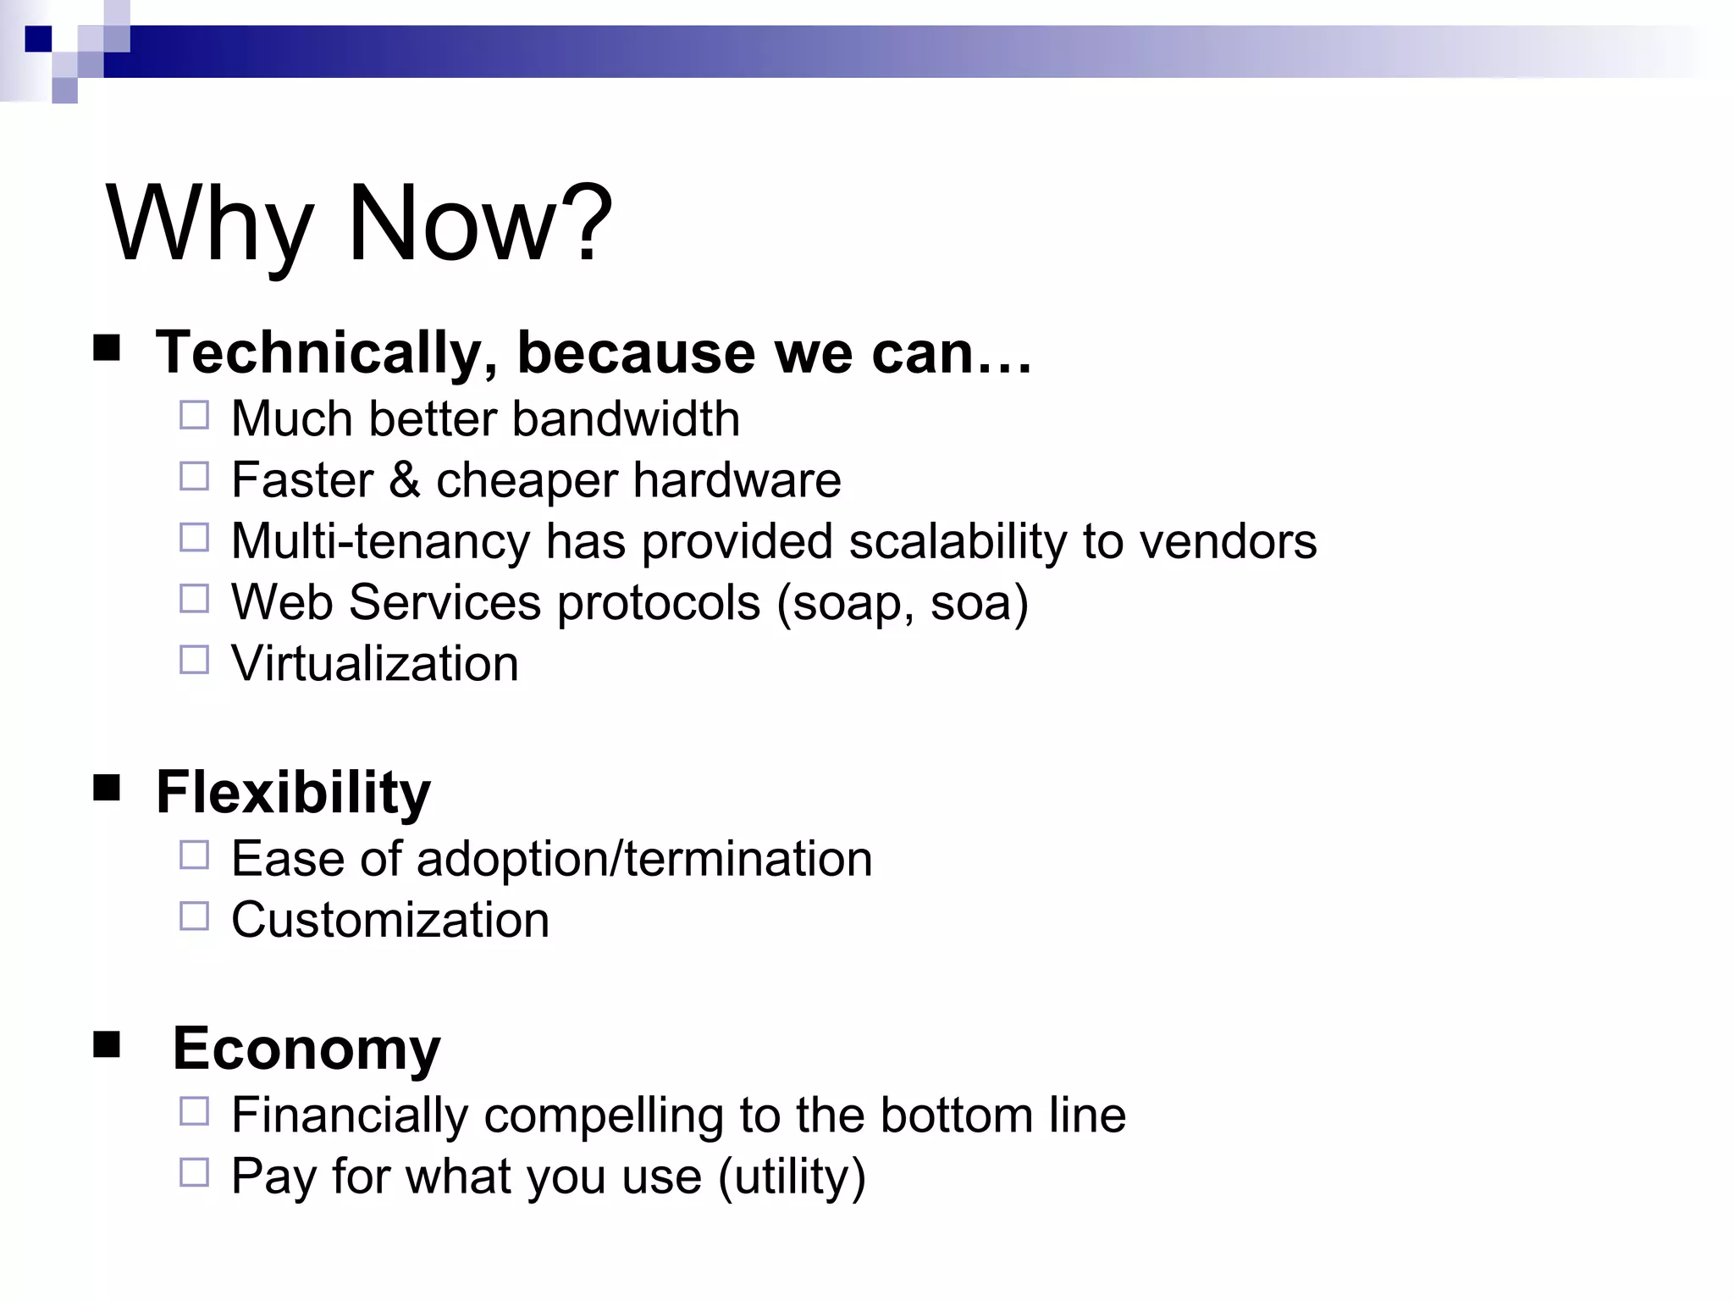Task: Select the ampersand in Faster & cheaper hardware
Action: pos(405,480)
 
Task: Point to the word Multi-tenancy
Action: pos(380,542)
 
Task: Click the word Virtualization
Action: pos(375,663)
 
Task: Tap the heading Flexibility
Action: pos(293,793)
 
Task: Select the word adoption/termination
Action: pos(644,859)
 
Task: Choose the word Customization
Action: pos(390,921)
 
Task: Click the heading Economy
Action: pos(306,1049)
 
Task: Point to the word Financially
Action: pos(350,1116)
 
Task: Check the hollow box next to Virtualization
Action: pos(194,660)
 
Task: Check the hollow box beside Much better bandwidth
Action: pos(194,415)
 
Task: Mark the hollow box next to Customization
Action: pos(194,916)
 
